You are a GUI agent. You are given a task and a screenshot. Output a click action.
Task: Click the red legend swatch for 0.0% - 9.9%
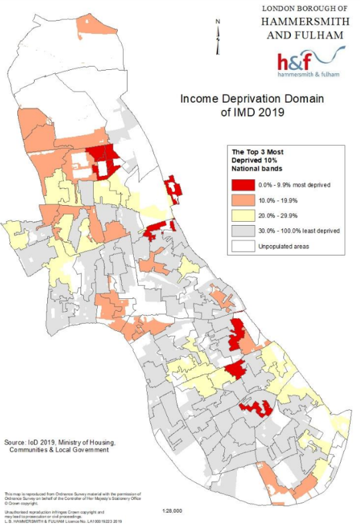tap(243, 184)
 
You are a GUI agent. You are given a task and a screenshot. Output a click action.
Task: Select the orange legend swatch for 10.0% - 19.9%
tap(243, 199)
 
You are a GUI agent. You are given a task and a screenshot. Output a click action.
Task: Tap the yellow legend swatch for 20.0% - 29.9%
tap(243, 215)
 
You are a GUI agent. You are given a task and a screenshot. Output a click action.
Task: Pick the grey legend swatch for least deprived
tap(243, 230)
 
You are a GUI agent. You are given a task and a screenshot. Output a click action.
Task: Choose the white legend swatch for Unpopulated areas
tap(243, 246)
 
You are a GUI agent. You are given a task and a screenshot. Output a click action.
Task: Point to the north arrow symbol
tap(218, 41)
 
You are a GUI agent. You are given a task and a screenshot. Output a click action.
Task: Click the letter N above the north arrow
tap(218, 22)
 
